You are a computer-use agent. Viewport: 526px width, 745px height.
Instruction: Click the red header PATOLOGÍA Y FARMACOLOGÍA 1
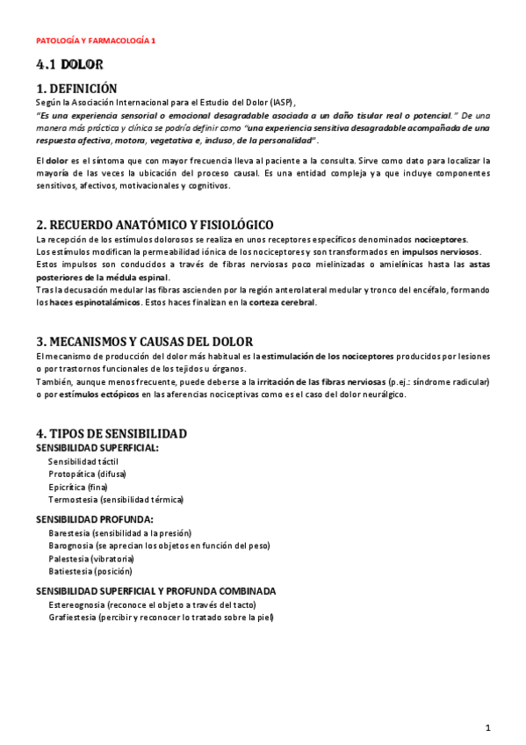pyautogui.click(x=96, y=41)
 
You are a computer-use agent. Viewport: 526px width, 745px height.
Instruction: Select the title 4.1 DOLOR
pyautogui.click(x=69, y=65)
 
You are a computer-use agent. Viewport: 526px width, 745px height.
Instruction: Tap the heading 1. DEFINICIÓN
pyautogui.click(x=76, y=89)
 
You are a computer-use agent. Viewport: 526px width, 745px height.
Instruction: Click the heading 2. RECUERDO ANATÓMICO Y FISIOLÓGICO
pyautogui.click(x=155, y=225)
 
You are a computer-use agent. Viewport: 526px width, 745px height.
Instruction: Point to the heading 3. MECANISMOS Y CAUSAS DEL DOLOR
pyautogui.click(x=145, y=342)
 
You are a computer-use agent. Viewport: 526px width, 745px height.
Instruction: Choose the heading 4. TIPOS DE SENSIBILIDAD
pyautogui.click(x=111, y=434)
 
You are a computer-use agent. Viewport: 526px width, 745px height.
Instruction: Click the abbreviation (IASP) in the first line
pyautogui.click(x=283, y=103)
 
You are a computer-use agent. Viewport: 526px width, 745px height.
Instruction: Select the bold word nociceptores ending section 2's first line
pyautogui.click(x=441, y=240)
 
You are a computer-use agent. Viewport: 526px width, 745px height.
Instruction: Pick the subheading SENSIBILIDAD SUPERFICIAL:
pyautogui.click(x=97, y=448)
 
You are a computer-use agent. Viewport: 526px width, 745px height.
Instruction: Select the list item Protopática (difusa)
pyautogui.click(x=87, y=474)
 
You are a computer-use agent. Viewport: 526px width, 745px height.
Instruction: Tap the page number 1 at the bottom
pyautogui.click(x=488, y=727)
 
